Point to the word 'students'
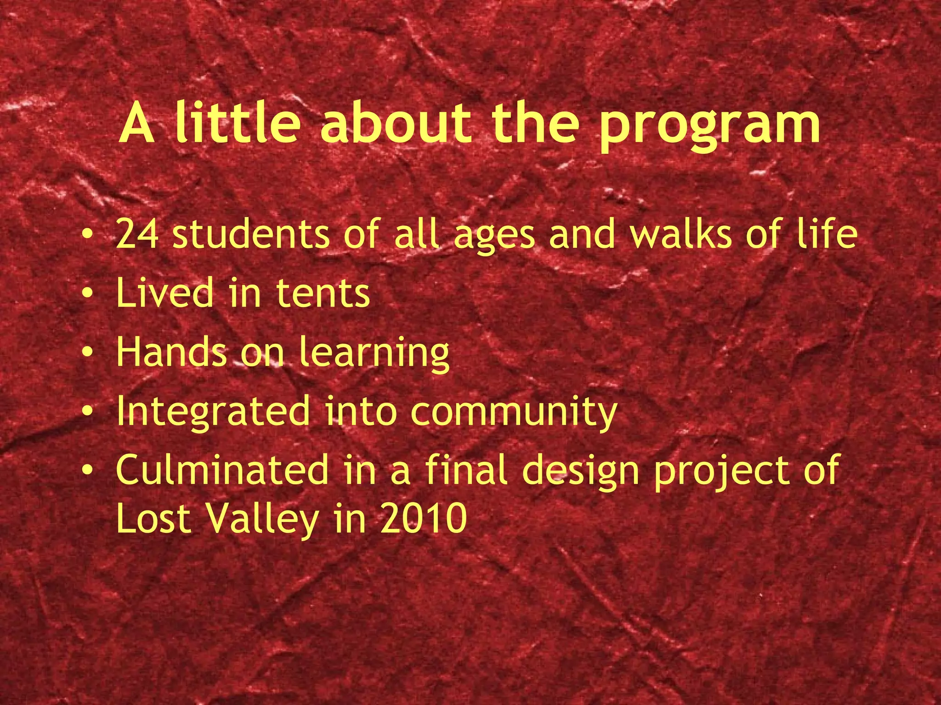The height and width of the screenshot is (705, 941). pos(251,234)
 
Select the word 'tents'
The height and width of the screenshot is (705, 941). pos(323,293)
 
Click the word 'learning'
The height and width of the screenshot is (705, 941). pos(374,353)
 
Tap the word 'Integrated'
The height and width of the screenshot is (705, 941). pos(213,412)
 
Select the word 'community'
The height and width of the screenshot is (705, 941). pos(513,413)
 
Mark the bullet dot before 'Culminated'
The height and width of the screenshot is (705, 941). pos(88,470)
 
